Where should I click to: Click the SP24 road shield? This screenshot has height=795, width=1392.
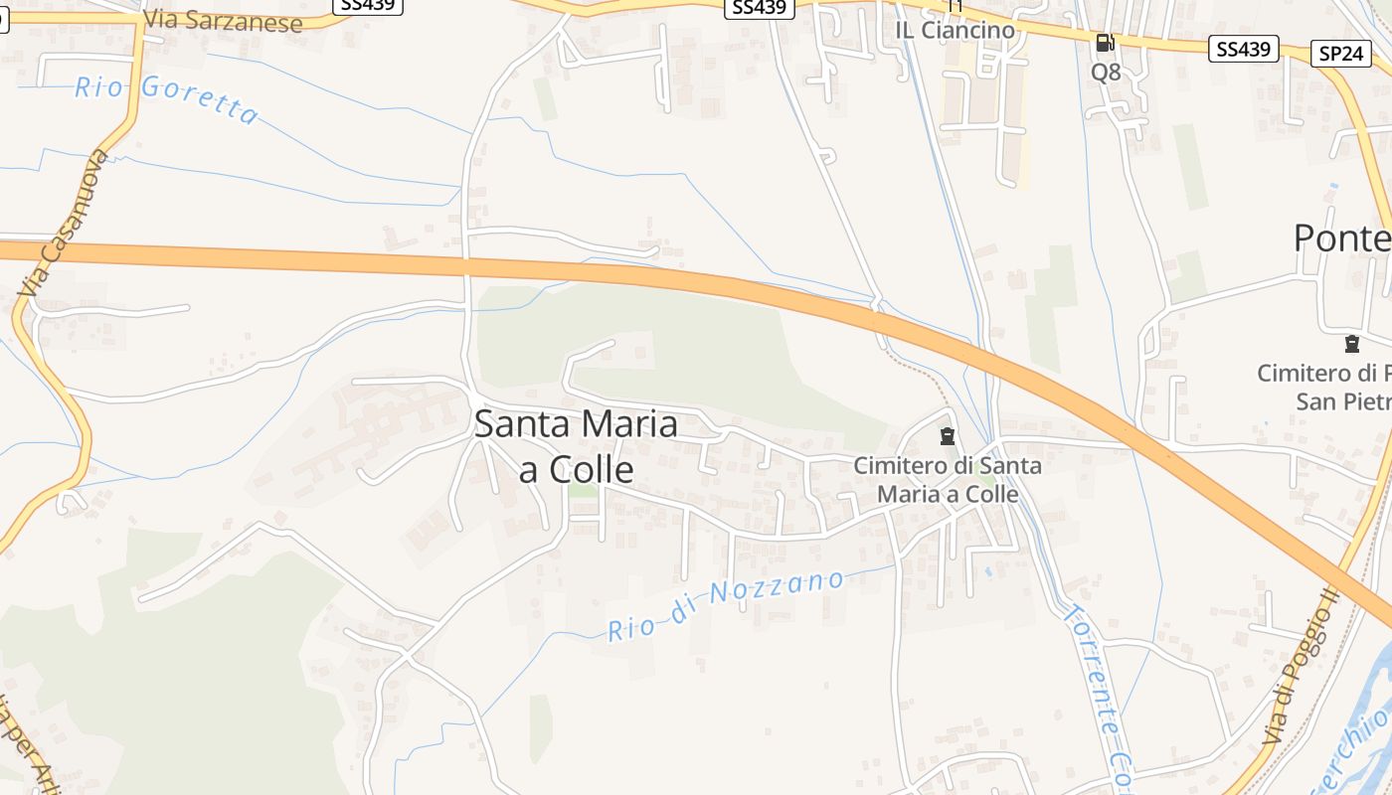(1341, 54)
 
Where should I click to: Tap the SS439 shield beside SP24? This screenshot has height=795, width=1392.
(1243, 49)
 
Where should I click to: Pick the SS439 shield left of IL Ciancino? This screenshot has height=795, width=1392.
(759, 8)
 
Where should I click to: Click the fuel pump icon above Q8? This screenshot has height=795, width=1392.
(1105, 43)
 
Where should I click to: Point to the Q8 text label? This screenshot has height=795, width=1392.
(1106, 72)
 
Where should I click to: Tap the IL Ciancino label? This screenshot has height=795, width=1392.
(956, 30)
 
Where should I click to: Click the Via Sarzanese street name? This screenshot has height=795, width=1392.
(223, 21)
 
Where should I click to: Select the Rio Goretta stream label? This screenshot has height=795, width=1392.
(166, 98)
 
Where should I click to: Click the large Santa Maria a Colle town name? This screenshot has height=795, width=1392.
(576, 445)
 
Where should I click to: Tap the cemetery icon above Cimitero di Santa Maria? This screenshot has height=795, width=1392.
(947, 435)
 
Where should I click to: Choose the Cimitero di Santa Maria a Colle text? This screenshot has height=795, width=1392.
(948, 479)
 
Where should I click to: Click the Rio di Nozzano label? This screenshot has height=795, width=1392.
(726, 604)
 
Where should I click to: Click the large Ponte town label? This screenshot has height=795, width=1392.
(1342, 238)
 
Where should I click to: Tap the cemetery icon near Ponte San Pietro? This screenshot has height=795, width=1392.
(1351, 344)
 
